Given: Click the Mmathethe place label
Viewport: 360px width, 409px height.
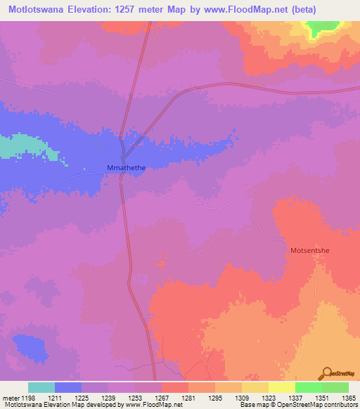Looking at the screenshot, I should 125,168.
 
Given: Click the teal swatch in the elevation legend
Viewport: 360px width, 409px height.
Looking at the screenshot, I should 41,387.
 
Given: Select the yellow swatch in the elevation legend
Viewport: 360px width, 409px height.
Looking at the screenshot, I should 281,387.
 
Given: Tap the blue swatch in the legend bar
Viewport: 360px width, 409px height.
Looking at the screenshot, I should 68,387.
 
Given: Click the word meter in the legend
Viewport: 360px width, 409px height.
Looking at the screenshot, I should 11,398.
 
